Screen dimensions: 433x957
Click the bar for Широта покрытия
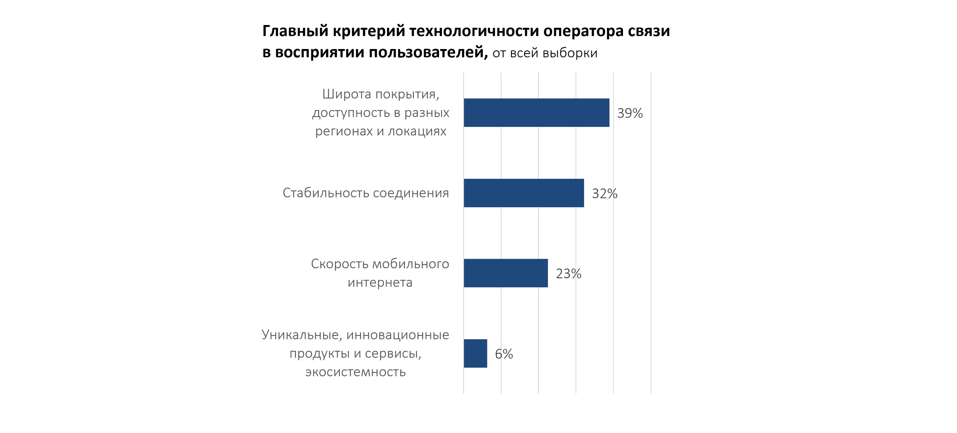pos(536,113)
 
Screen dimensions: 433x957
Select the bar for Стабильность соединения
pos(523,193)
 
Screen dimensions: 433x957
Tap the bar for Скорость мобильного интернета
pos(506,273)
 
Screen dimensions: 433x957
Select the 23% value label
pos(568,274)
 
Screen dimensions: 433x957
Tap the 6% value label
pos(504,354)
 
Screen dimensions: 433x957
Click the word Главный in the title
pos(295,31)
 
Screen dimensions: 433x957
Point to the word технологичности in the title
pos(474,31)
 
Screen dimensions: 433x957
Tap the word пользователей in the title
pos(428,53)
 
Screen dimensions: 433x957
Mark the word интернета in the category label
pos(380,282)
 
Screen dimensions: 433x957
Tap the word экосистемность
pos(356,372)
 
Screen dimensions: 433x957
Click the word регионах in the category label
pos(344,131)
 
